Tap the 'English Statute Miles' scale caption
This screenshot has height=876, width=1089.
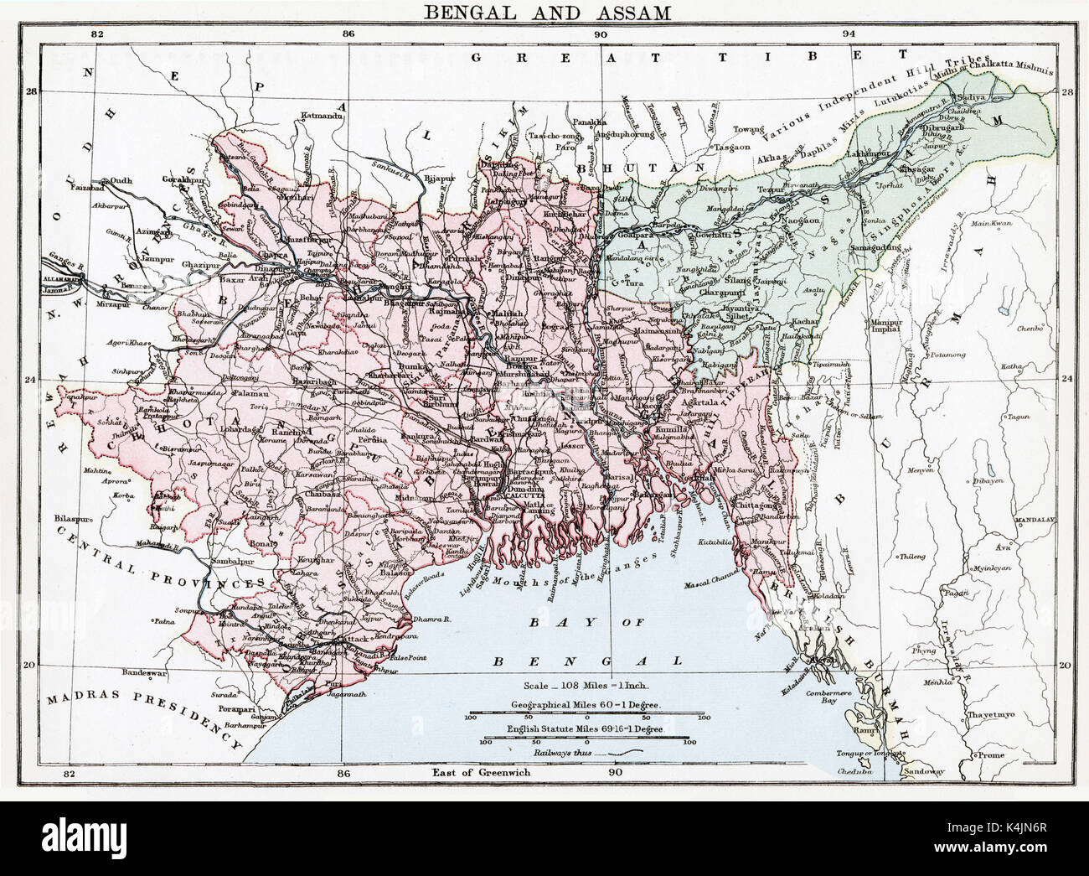point(586,730)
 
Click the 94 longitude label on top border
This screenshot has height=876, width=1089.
point(849,34)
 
